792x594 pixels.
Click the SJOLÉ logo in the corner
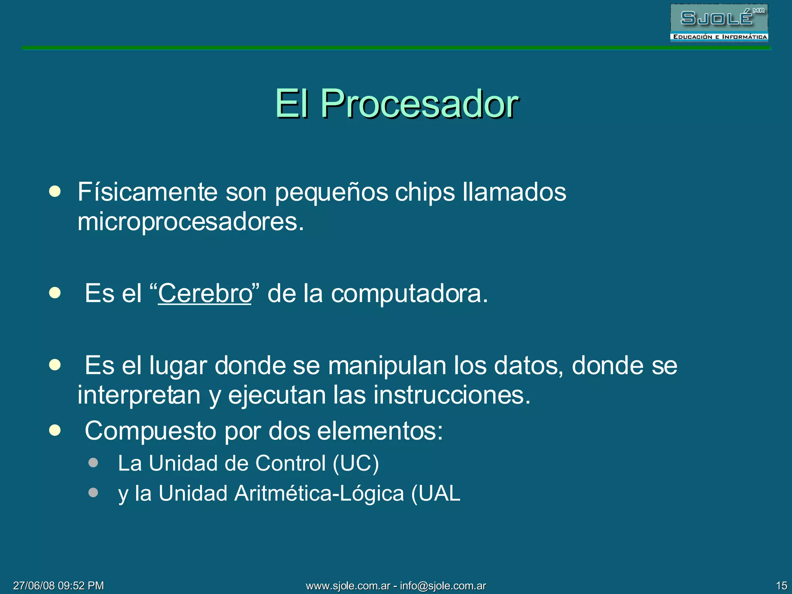[x=719, y=23]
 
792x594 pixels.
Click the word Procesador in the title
[x=420, y=104]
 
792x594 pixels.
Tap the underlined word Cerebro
[x=205, y=293]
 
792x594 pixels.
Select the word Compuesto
[x=150, y=431]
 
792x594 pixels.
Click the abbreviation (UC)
[x=356, y=463]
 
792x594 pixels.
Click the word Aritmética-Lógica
[x=319, y=493]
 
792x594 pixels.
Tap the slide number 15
[x=782, y=585]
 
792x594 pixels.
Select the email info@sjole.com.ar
[x=443, y=585]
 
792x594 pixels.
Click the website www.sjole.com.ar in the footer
[x=348, y=585]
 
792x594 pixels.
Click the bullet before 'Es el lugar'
[x=55, y=365]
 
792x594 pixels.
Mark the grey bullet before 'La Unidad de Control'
[x=93, y=463]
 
